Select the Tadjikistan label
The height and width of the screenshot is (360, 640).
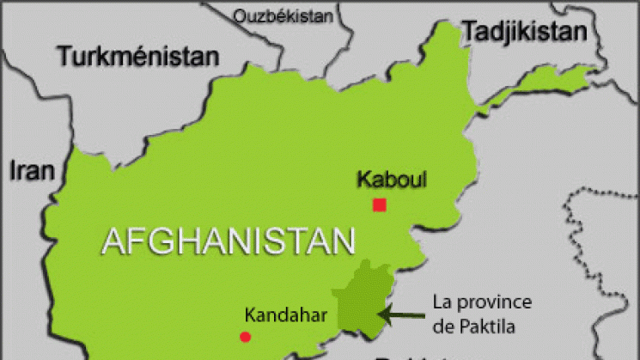pos(525,32)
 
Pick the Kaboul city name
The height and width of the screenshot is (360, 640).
pos(391,180)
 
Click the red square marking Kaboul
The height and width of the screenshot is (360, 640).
pos(379,204)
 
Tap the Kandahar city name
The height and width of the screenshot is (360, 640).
pos(286,314)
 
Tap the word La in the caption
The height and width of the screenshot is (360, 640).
pos(442,303)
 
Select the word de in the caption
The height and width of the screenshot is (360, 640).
pos(443,324)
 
